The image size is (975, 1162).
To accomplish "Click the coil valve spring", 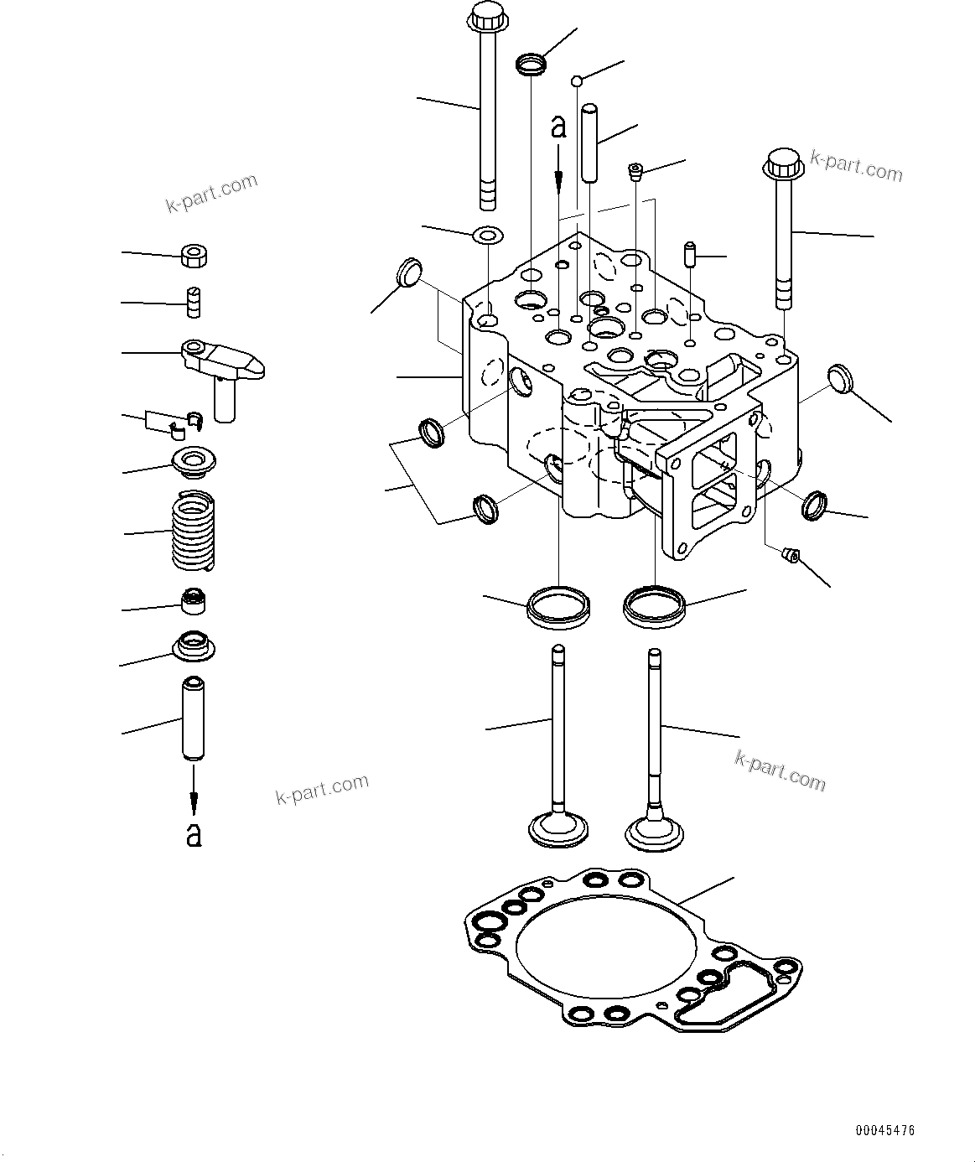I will pyautogui.click(x=194, y=532).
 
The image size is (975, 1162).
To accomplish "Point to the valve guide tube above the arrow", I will pyautogui.click(x=194, y=720).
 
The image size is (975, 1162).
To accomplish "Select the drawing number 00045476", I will pyautogui.click(x=884, y=1131).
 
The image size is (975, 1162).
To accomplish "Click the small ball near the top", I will pyautogui.click(x=578, y=80).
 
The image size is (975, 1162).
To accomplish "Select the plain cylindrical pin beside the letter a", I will pyautogui.click(x=592, y=143).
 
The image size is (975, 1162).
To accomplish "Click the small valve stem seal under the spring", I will pyautogui.click(x=194, y=600).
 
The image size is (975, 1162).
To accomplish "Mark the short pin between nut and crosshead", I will pyautogui.click(x=194, y=302).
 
